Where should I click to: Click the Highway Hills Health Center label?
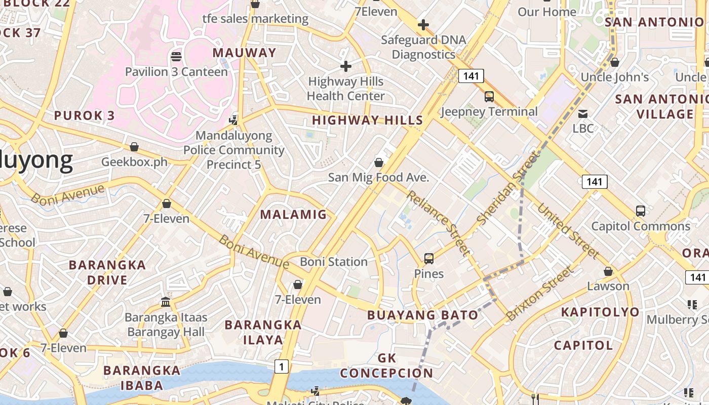[x=346, y=89]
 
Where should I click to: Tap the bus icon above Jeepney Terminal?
[x=489, y=96]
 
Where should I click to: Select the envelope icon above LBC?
[x=583, y=113]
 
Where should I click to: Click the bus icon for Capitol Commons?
[x=641, y=211]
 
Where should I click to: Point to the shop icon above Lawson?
[x=608, y=271]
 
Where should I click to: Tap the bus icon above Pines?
[x=429, y=259]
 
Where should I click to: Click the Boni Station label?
[x=334, y=262]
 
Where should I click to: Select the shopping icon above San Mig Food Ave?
[x=378, y=163]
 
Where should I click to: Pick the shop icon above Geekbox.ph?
[x=134, y=147]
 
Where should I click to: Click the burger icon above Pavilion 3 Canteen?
[x=176, y=56]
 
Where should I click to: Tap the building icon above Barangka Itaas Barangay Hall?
[x=166, y=302]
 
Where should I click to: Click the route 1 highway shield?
[x=282, y=367]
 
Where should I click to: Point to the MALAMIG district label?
[x=294, y=215]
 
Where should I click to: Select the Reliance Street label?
[x=439, y=223]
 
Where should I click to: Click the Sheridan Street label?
[x=507, y=189]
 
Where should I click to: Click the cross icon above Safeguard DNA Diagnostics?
[x=423, y=25]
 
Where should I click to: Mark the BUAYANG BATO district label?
[x=423, y=315]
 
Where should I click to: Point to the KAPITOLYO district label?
[x=600, y=312]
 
